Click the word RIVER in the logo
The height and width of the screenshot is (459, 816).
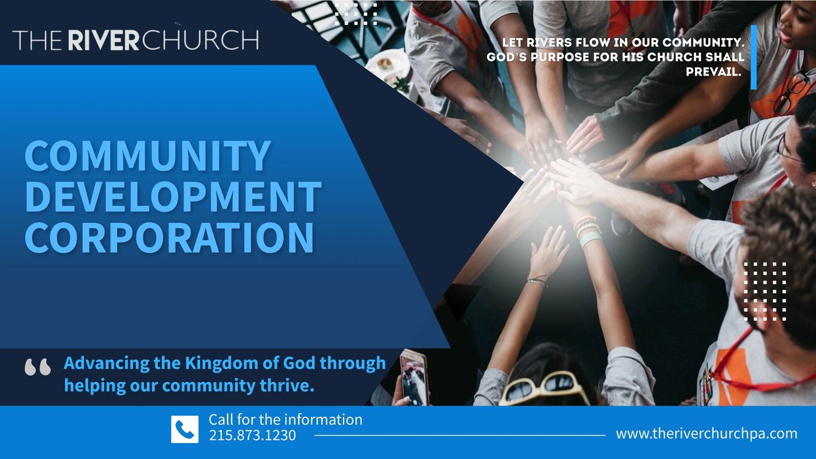pos(104,40)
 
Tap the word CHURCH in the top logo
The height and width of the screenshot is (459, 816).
pos(200,40)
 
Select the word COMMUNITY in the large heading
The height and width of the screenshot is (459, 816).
pos(148,156)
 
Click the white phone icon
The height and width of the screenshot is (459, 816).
pos(185,429)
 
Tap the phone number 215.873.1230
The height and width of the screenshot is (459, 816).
pos(252,435)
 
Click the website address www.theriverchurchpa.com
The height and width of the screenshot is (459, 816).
pos(706,434)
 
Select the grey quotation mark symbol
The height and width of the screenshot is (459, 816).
pos(38,367)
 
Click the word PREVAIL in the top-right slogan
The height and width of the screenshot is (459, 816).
pos(713,72)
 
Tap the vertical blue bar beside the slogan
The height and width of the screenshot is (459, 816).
pos(753,57)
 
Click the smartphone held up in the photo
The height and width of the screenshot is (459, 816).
pos(414,377)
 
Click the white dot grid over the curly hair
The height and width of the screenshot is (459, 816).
pos(765,291)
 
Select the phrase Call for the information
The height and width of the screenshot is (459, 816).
pos(286,420)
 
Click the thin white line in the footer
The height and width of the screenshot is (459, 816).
pos(460,435)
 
